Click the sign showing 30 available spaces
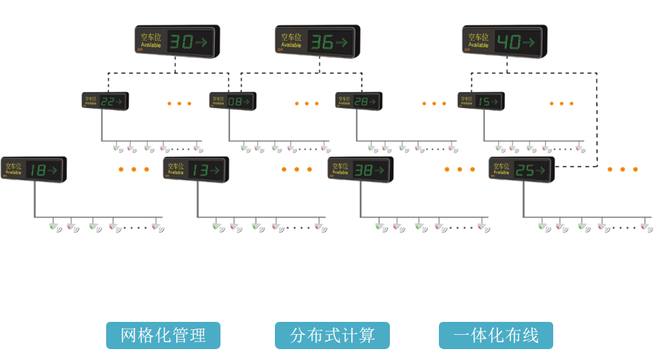(176, 42)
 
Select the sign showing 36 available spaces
(317, 42)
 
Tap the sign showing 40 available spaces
(504, 42)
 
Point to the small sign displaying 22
(105, 101)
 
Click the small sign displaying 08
(232, 101)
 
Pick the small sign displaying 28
(358, 101)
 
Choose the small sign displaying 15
(481, 101)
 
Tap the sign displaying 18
(33, 169)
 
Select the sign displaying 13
(196, 169)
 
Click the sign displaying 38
(360, 169)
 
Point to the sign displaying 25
(521, 169)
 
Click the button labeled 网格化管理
(163, 336)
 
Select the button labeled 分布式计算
(332, 336)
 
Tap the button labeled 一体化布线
(495, 336)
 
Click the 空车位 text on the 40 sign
(478, 37)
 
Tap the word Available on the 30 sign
(150, 45)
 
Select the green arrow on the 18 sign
(53, 170)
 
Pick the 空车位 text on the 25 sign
(501, 166)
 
